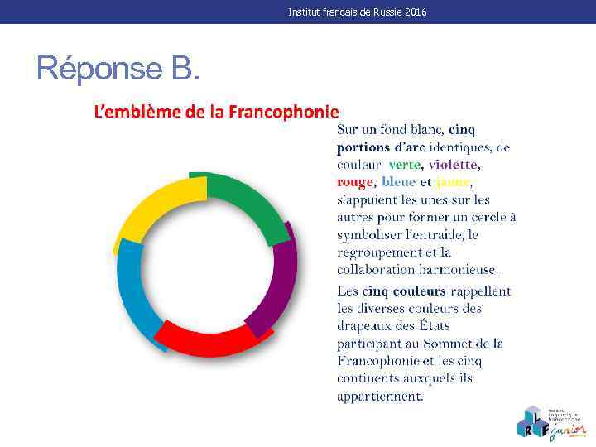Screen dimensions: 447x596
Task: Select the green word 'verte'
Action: (405, 165)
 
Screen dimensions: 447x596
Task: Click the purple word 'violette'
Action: (454, 165)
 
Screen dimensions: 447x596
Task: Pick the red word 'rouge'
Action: (356, 182)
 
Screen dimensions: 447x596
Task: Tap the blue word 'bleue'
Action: (398, 182)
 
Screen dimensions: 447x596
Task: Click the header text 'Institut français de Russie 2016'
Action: (358, 12)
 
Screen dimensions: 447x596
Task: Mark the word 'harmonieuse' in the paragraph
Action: (459, 270)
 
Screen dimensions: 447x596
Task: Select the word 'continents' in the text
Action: (369, 378)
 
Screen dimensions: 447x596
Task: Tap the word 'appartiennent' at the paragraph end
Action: (379, 397)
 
